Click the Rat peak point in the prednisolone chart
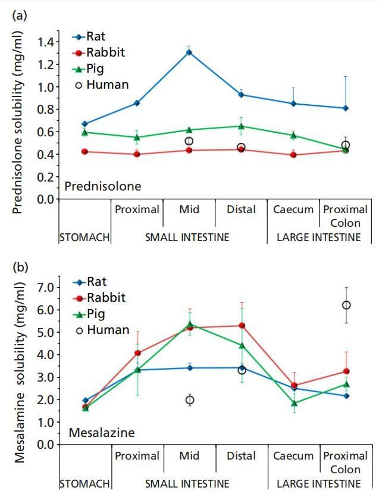[189, 52]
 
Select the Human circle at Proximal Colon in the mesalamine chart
[346, 305]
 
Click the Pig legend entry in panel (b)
[98, 313]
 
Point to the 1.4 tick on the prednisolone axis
[45, 42]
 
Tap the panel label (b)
[20, 266]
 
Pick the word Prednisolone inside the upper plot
[102, 186]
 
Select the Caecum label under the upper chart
[293, 210]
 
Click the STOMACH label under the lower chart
[84, 484]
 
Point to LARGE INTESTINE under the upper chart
[318, 238]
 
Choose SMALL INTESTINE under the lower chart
[187, 484]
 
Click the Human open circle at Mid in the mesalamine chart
[189, 400]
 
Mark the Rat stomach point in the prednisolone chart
[84, 124]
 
